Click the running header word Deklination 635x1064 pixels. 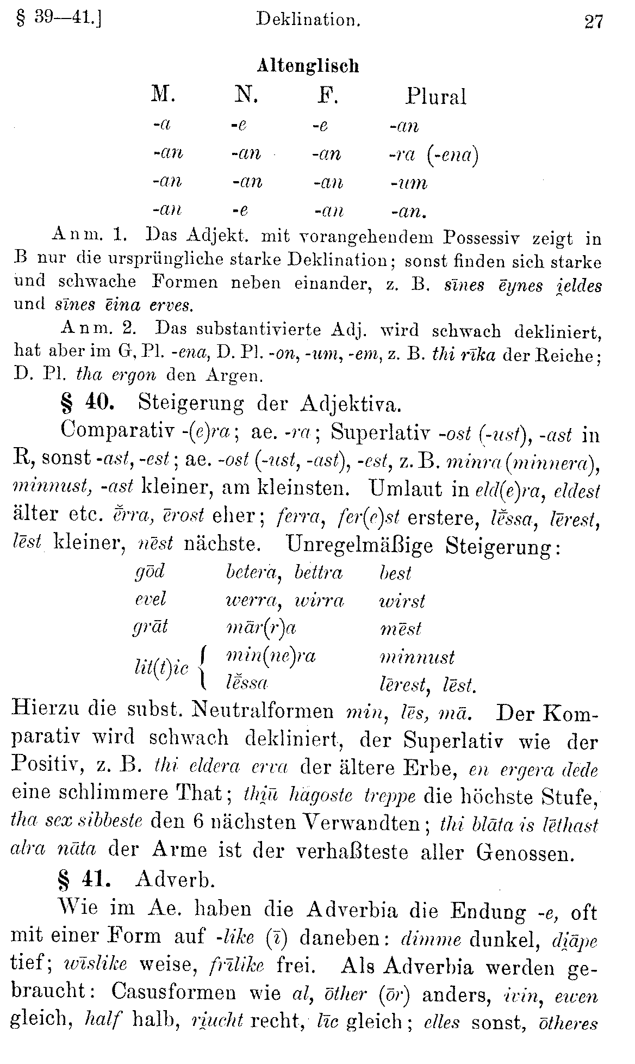point(308,20)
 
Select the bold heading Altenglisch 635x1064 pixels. point(308,66)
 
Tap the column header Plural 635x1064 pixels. point(435,97)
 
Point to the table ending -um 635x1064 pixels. point(408,183)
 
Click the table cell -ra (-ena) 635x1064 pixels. point(433,155)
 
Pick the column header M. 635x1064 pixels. point(163,96)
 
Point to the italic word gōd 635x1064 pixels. point(149,572)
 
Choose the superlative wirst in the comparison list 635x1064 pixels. point(402,601)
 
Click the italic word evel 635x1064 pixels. point(150,600)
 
